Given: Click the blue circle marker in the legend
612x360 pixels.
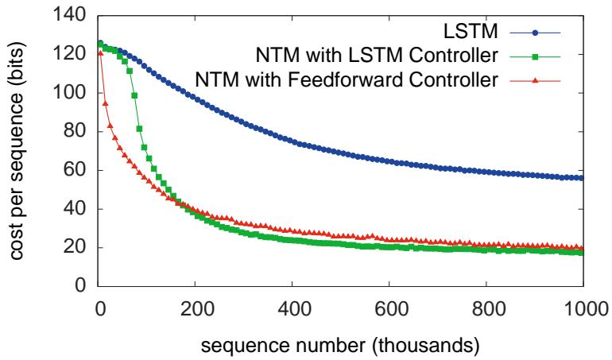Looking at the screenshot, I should point(537,33).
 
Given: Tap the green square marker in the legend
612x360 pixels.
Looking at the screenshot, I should point(537,56).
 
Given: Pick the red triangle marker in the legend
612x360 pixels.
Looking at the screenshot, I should point(537,79).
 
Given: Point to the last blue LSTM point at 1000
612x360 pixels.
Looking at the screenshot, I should point(583,178).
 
